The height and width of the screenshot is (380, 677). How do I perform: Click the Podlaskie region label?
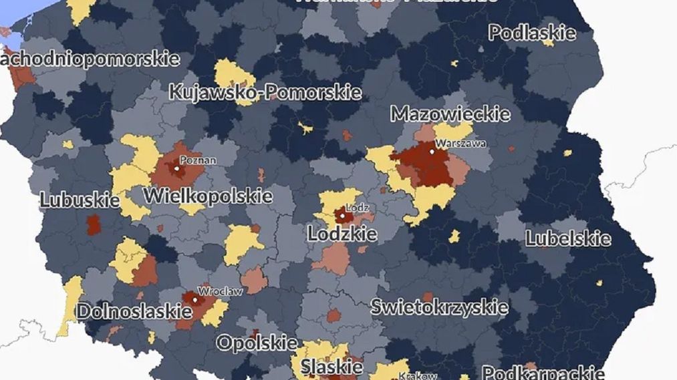pyautogui.click(x=532, y=32)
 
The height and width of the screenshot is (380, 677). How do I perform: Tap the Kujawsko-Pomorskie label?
pyautogui.click(x=265, y=91)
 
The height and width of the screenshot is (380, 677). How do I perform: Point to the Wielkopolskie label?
pyautogui.click(x=208, y=196)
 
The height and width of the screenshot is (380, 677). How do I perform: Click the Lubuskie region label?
pyautogui.click(x=70, y=200)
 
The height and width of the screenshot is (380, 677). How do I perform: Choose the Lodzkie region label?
pyautogui.click(x=342, y=234)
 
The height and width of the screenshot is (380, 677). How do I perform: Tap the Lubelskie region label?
pyautogui.click(x=567, y=238)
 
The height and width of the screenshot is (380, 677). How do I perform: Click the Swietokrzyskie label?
pyautogui.click(x=439, y=307)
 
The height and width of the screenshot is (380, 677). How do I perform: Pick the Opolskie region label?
pyautogui.click(x=257, y=343)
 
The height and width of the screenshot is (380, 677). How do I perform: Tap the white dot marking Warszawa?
pyautogui.click(x=432, y=152)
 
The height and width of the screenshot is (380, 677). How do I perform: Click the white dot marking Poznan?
pyautogui.click(x=177, y=168)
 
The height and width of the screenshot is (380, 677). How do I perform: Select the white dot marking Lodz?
pyautogui.click(x=342, y=216)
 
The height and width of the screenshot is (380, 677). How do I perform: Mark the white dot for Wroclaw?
pyautogui.click(x=195, y=300)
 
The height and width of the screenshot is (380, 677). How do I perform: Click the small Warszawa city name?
pyautogui.click(x=460, y=143)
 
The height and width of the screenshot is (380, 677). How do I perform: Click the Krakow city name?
pyautogui.click(x=419, y=376)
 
